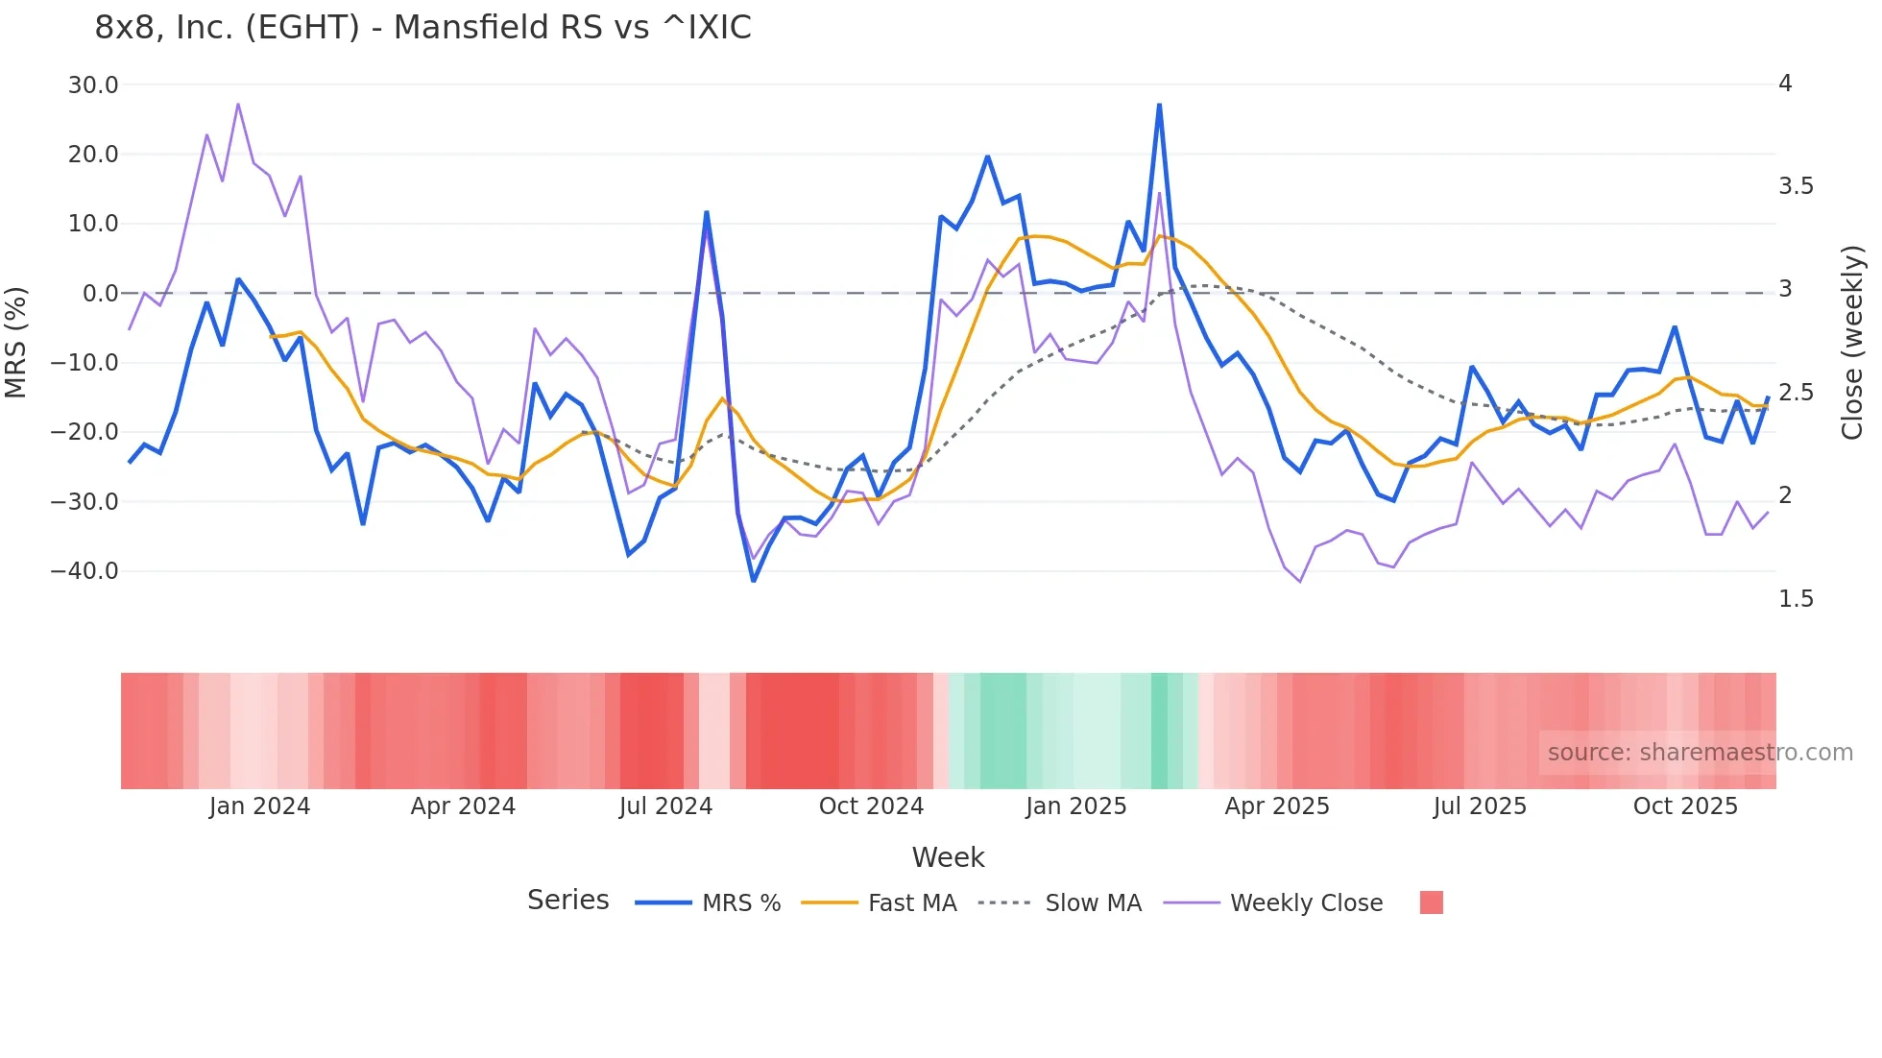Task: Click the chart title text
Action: pyautogui.click(x=422, y=27)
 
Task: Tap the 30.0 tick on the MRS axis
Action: pyautogui.click(x=93, y=84)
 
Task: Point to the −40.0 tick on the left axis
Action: pyautogui.click(x=84, y=571)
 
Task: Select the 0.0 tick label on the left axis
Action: pyautogui.click(x=100, y=293)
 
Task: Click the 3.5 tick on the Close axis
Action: pyautogui.click(x=1796, y=186)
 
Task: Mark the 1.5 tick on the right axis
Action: pyautogui.click(x=1796, y=599)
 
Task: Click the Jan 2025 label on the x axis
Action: pyautogui.click(x=1075, y=806)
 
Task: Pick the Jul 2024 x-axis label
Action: pyautogui.click(x=665, y=806)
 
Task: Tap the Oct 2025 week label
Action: pyautogui.click(x=1685, y=806)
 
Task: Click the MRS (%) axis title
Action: pyautogui.click(x=16, y=342)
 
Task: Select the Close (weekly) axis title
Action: pyautogui.click(x=1852, y=342)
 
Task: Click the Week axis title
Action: pyautogui.click(x=948, y=857)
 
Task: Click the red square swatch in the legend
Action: pyautogui.click(x=1431, y=902)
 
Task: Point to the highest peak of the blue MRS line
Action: pyautogui.click(x=1159, y=105)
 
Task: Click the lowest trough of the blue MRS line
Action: pyautogui.click(x=754, y=580)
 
